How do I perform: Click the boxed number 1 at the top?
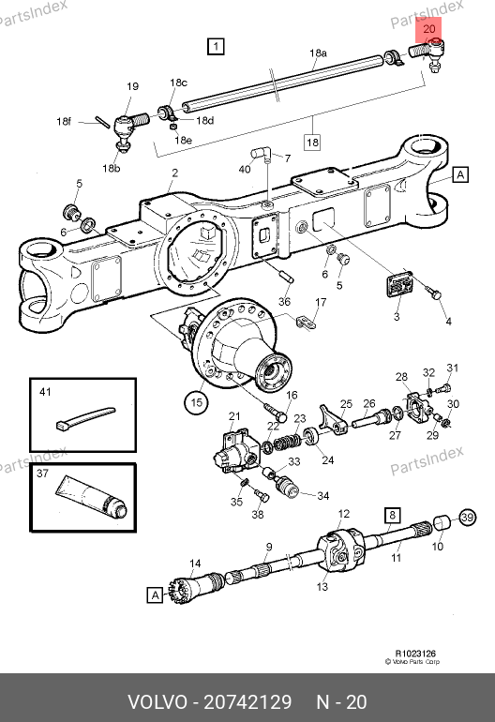tap(216, 47)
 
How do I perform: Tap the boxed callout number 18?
tap(312, 142)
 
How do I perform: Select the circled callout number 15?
tap(197, 402)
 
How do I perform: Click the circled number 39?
tap(468, 517)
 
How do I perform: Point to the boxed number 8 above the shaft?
tap(392, 515)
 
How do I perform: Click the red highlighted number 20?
tap(428, 29)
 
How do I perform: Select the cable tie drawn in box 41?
tap(86, 417)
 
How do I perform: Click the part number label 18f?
tap(64, 122)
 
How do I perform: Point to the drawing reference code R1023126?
tap(415, 654)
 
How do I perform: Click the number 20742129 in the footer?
tap(247, 702)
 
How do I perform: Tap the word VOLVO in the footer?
tap(157, 702)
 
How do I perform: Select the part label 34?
tap(323, 496)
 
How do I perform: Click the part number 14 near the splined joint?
tap(195, 564)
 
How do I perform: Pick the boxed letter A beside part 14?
tap(156, 594)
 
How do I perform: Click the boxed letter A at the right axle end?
tap(460, 174)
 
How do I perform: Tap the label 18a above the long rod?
tap(318, 53)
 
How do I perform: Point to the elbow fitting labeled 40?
tap(262, 154)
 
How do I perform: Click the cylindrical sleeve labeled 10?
tap(442, 523)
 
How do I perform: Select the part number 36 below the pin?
tap(285, 301)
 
